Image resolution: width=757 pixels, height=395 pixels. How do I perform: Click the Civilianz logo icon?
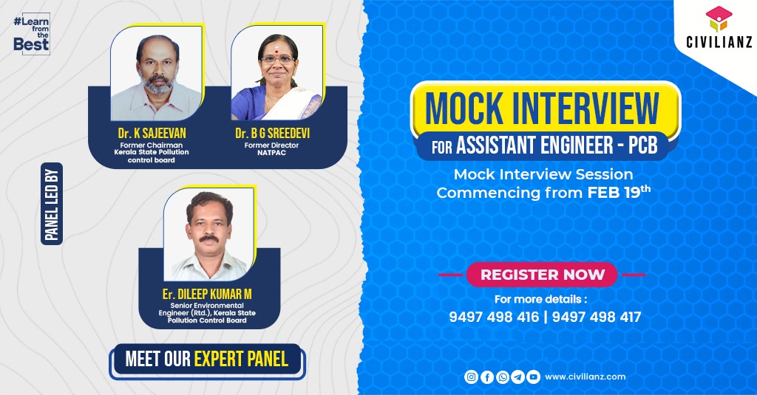[719, 19]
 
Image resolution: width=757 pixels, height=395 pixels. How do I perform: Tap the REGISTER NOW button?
[542, 275]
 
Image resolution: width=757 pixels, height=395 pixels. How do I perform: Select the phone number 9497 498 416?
[494, 317]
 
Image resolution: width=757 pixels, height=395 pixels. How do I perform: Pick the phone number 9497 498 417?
[597, 317]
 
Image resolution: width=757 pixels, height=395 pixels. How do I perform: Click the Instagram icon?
[471, 377]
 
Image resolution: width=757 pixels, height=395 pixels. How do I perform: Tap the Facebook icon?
[487, 377]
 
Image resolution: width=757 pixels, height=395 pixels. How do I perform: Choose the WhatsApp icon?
[503, 377]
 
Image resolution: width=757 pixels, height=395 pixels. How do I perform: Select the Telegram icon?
[518, 377]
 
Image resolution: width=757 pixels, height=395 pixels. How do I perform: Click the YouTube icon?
[534, 377]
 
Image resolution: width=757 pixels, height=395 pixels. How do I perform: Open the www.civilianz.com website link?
[585, 377]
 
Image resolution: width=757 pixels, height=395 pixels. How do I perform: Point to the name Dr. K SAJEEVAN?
[152, 133]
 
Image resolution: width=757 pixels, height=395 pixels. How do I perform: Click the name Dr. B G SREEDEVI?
[272, 133]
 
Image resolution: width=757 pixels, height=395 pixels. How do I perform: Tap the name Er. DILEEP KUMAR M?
[207, 294]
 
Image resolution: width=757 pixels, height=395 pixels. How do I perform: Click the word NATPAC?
[271, 153]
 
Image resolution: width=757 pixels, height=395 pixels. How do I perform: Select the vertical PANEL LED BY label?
[52, 204]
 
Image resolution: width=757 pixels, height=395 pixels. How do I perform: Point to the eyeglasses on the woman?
[278, 60]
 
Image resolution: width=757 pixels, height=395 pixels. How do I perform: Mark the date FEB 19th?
[619, 192]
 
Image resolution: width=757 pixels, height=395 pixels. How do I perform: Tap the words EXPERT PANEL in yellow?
[241, 360]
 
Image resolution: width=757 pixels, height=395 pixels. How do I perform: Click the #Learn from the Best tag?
[32, 34]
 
